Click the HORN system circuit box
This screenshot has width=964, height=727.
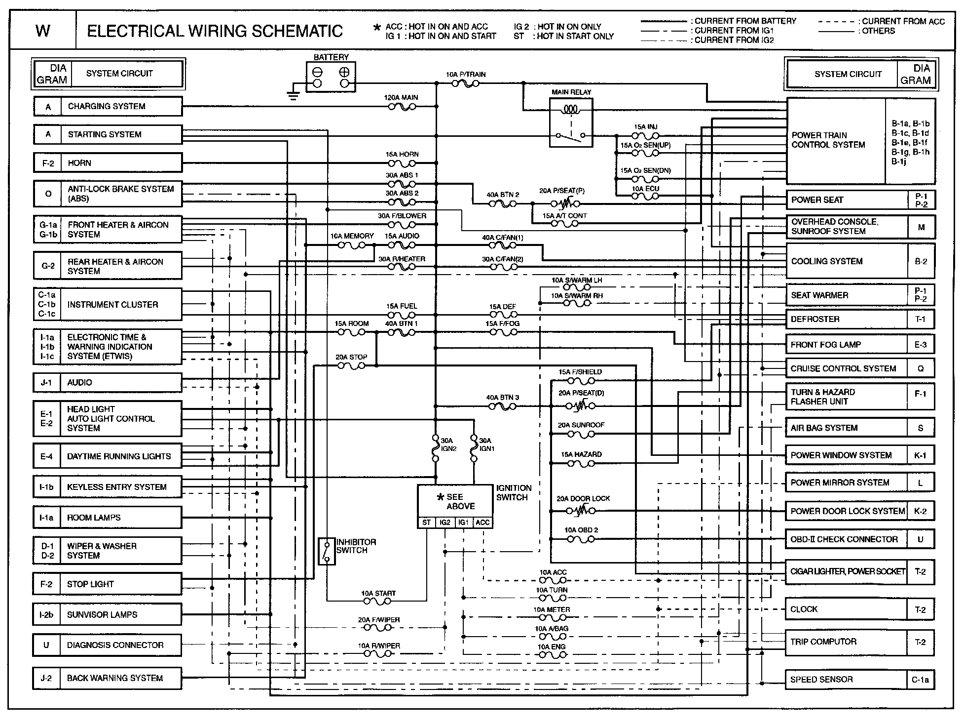(x=108, y=162)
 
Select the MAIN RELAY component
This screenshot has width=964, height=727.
(x=571, y=122)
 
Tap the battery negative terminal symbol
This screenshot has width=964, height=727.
(x=317, y=72)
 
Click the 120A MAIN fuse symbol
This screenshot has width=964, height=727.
(x=402, y=106)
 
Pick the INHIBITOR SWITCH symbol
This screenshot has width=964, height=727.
(x=326, y=551)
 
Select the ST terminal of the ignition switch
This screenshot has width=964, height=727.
(x=426, y=523)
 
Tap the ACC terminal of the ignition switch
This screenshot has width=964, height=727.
(x=482, y=523)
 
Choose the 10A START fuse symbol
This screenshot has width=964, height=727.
(x=377, y=601)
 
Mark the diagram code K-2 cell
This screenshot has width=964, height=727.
(x=920, y=511)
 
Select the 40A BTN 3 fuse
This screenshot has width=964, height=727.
(x=502, y=406)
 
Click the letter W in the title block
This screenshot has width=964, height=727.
(x=43, y=31)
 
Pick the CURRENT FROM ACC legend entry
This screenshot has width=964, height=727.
(x=881, y=22)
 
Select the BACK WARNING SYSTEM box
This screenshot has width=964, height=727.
(x=108, y=678)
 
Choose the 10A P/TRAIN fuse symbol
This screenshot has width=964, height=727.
(x=465, y=84)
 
